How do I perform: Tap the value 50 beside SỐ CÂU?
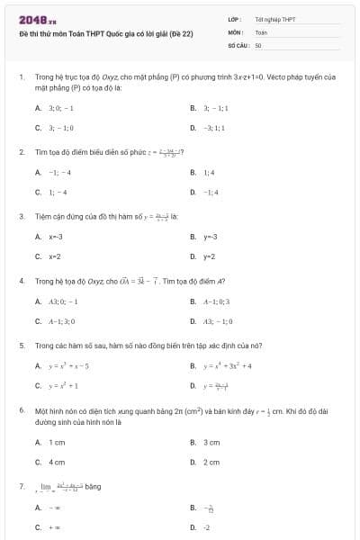pyautogui.click(x=258, y=44)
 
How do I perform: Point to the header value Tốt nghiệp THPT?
pyautogui.click(x=274, y=18)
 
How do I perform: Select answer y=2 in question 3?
pyautogui.click(x=210, y=256)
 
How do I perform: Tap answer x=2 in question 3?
pyautogui.click(x=55, y=256)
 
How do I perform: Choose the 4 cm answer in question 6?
pyautogui.click(x=57, y=462)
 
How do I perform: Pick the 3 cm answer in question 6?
pyautogui.click(x=211, y=442)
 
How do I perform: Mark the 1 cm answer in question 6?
pyautogui.click(x=57, y=442)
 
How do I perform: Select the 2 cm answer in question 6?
pyautogui.click(x=211, y=462)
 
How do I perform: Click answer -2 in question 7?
pyautogui.click(x=207, y=527)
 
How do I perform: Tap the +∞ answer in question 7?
pyautogui.click(x=54, y=527)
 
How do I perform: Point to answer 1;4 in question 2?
pyautogui.click(x=209, y=172)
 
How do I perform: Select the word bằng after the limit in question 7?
pyautogui.click(x=93, y=487)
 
